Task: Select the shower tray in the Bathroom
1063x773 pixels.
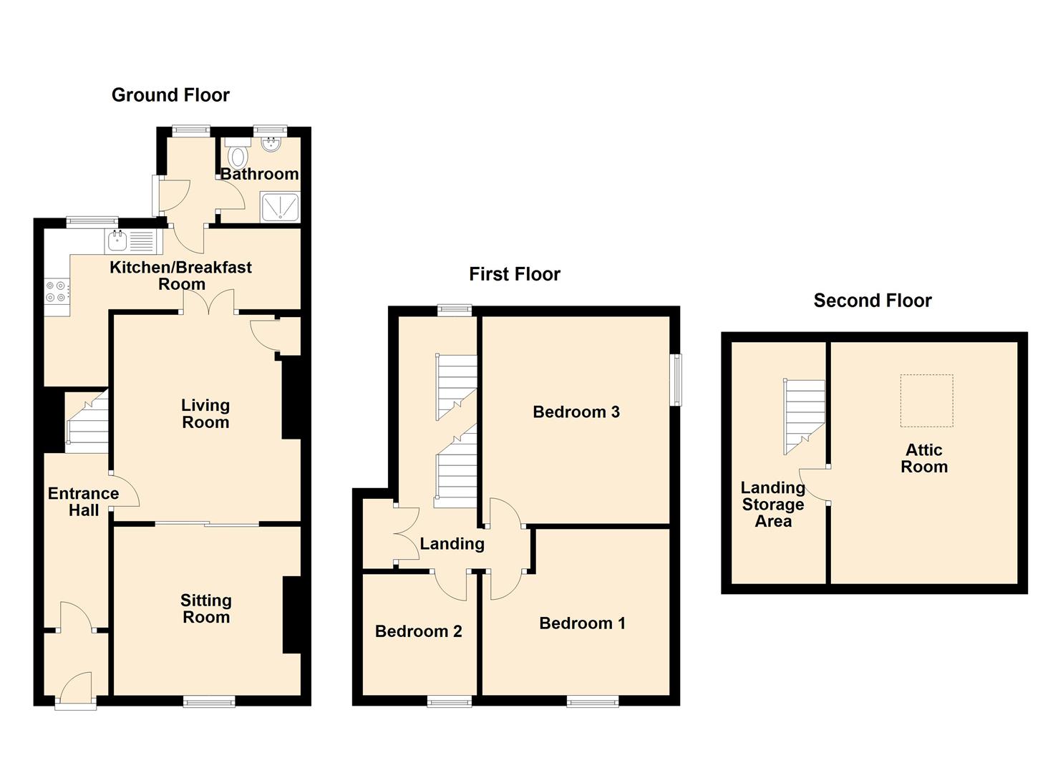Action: [x=280, y=206]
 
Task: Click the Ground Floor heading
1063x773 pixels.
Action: [x=170, y=95]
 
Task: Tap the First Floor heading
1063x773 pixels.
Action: [x=515, y=274]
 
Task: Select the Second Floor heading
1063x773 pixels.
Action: [x=873, y=301]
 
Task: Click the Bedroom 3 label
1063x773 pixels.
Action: [x=576, y=412]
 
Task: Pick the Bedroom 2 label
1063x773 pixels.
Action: [x=418, y=631]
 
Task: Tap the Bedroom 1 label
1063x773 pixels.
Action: [x=582, y=623]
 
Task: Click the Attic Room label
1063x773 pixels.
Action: [x=924, y=458]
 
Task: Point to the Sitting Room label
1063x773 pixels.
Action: [x=206, y=609]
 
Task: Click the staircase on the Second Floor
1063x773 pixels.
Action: [x=804, y=417]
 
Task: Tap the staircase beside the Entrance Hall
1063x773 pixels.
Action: [x=87, y=421]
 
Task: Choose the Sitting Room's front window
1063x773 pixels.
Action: [x=209, y=701]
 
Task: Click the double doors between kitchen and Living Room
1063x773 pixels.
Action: [x=209, y=302]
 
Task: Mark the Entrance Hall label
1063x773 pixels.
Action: [x=84, y=502]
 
